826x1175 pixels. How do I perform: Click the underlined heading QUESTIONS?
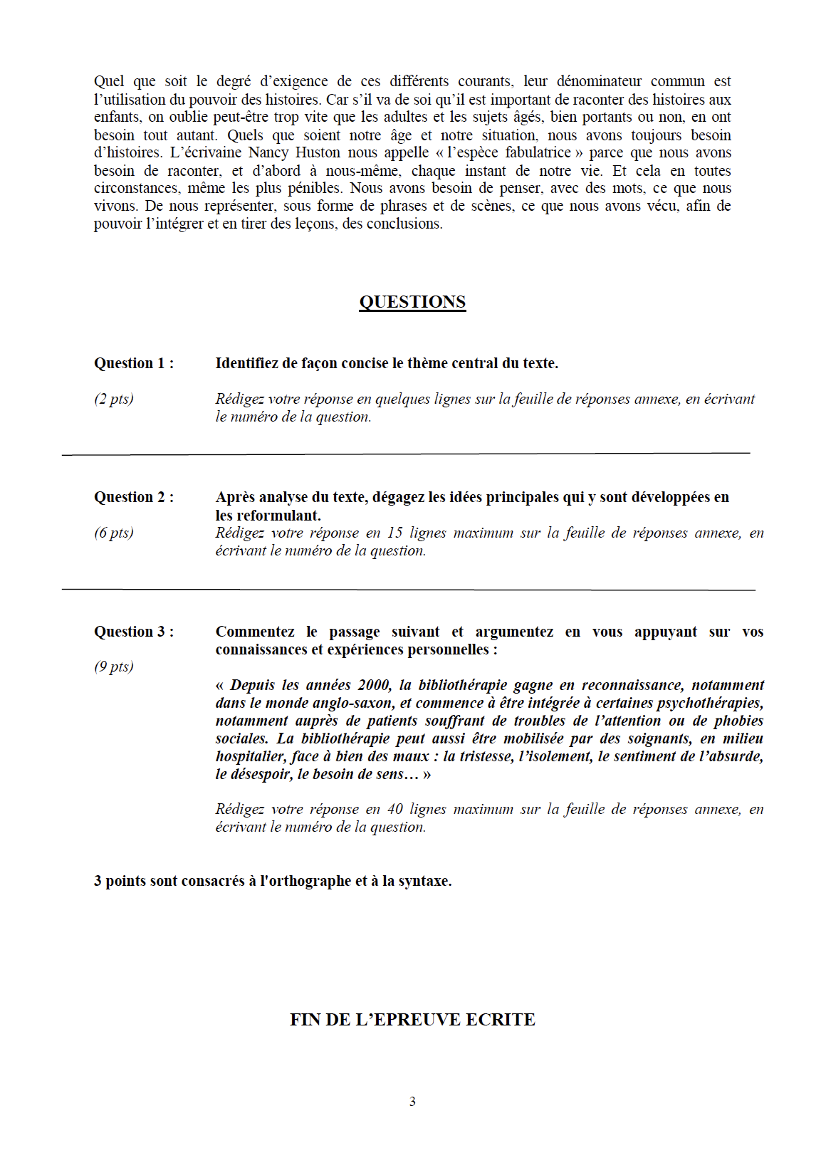(x=412, y=302)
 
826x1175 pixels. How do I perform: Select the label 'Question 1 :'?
(x=134, y=363)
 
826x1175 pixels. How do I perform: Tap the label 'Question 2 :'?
(x=134, y=497)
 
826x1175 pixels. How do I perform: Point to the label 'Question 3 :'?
(x=134, y=632)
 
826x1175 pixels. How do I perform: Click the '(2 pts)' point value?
(x=114, y=399)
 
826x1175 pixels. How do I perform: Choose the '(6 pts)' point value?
(x=114, y=533)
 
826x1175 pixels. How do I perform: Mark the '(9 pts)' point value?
(x=114, y=667)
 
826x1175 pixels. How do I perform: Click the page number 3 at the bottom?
(x=412, y=1102)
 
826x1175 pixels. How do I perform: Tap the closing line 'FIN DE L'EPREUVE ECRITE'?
(x=412, y=1020)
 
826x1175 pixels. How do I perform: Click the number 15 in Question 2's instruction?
(x=394, y=533)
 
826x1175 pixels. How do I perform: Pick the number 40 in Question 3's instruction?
(x=394, y=809)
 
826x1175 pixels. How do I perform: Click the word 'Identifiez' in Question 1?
(x=247, y=363)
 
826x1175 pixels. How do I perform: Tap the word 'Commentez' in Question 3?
(x=255, y=632)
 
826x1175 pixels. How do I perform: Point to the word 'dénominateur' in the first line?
(x=599, y=82)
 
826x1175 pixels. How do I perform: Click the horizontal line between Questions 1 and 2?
(x=406, y=453)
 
